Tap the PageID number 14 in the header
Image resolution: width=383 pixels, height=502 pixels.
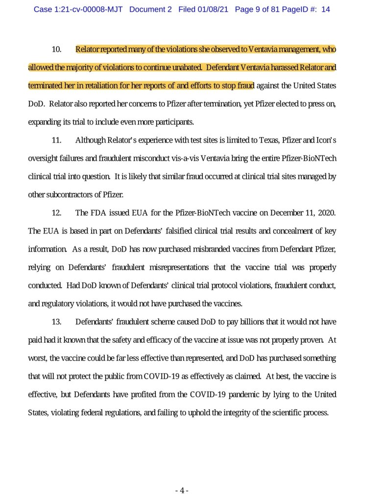coord(325,10)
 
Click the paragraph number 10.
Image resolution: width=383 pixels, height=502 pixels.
coord(56,50)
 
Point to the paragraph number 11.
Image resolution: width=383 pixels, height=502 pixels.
coord(56,140)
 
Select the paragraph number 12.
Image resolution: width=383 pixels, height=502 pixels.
coord(56,213)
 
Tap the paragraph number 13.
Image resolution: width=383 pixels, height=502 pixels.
coord(56,322)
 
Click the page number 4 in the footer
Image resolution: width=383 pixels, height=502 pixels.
coord(181,491)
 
